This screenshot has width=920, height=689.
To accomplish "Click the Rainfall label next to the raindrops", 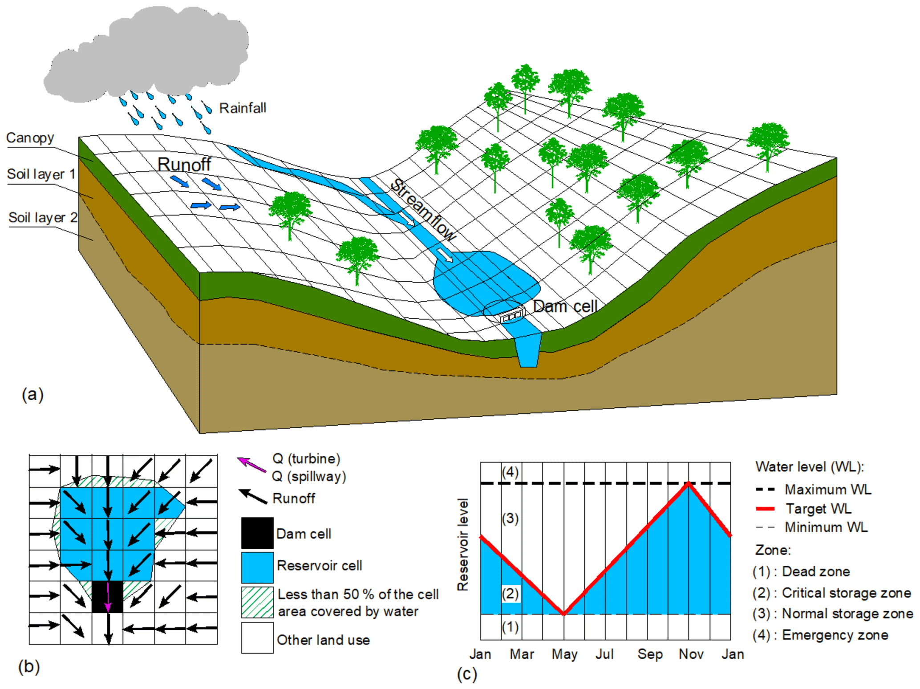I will pos(243,108).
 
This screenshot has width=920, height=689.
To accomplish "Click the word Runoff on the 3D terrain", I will pos(184,164).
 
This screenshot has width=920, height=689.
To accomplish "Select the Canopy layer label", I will pos(30,138).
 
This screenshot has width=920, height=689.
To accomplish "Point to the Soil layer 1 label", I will pos(41,174).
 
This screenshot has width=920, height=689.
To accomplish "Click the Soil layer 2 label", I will pos(43,218).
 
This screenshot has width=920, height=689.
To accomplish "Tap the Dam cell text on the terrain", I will pos(565,306).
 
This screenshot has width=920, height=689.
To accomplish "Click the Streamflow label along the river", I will pos(423,210).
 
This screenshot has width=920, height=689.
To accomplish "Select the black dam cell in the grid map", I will pos(107,596).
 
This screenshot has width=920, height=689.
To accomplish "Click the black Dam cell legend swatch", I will pos(257,533).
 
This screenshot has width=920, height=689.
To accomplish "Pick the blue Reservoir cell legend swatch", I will pos(257,567).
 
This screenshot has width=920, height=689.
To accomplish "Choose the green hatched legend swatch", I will pos(257,602).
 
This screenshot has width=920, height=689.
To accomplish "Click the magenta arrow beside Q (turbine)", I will pos(251,465).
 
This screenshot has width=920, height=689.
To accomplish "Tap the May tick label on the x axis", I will pos(564,654).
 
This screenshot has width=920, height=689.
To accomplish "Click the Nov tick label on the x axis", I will pos(691,654).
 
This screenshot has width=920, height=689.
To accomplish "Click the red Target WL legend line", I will pos(765,509).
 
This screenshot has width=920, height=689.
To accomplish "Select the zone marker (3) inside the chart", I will pos(510,519).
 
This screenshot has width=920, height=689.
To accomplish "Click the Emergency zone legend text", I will pos(835,635).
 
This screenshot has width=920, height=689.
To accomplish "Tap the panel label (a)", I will pos(32,394).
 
